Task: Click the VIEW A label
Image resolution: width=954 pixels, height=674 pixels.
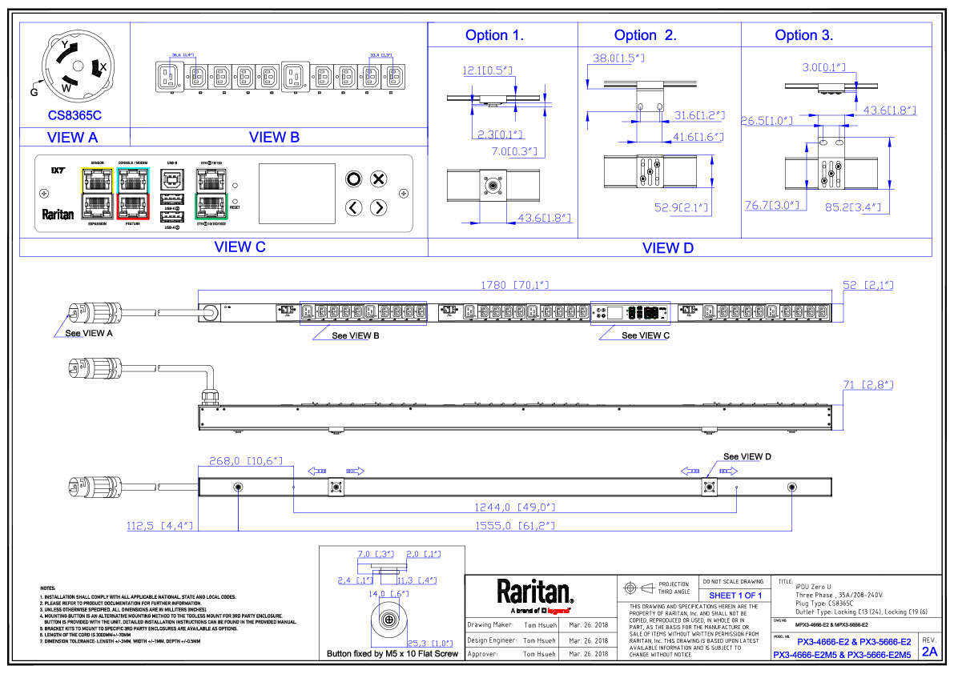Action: point(73,137)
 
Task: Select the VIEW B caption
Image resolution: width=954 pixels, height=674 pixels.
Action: point(274,137)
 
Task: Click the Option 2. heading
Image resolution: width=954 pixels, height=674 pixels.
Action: point(645,35)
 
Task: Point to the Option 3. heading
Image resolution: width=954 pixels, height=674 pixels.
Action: point(803,35)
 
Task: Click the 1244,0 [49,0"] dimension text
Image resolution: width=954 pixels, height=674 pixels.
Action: point(514,508)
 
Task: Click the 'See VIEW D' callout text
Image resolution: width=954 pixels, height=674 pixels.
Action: point(747,457)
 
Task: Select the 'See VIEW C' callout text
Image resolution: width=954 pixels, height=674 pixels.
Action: point(645,335)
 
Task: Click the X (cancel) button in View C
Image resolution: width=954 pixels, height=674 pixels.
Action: point(379,179)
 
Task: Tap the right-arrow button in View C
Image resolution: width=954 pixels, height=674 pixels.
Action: point(379,208)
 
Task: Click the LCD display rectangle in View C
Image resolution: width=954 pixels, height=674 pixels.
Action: point(296,193)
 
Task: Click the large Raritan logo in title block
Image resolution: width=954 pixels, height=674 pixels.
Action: point(535,592)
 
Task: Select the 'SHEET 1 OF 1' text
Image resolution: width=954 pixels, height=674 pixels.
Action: point(735,596)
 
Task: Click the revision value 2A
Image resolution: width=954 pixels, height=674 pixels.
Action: point(929,652)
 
